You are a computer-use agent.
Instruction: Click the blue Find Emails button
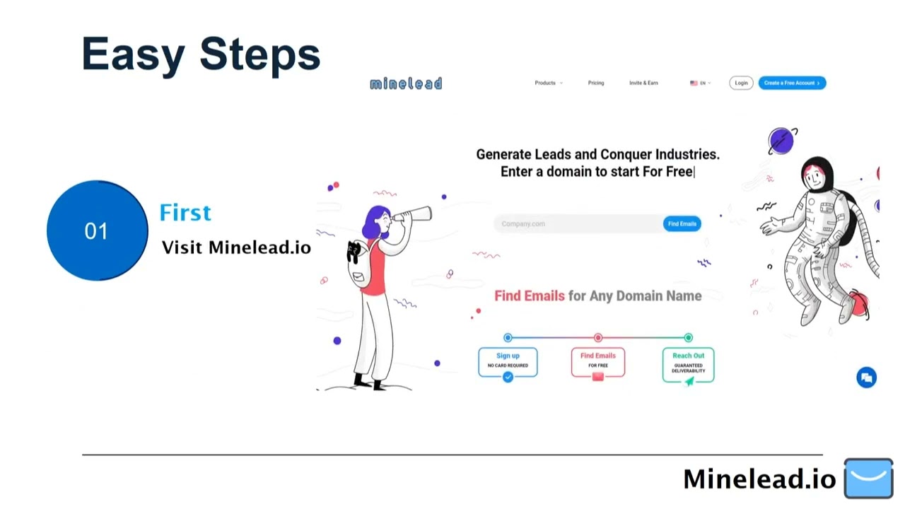[682, 223]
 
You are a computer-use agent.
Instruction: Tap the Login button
[741, 83]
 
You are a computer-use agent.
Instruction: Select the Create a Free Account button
[792, 83]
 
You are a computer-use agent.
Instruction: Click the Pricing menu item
[596, 83]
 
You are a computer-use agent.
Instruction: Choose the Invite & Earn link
[643, 83]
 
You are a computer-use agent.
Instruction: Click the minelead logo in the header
[406, 83]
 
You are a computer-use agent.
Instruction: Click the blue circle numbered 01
[97, 230]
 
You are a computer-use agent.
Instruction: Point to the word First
[185, 213]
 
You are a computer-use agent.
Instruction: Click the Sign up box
[508, 361]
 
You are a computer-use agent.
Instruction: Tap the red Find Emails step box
[598, 361]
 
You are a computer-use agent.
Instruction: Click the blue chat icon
[866, 378]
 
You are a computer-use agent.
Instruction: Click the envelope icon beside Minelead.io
[869, 478]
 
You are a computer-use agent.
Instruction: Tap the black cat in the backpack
[354, 251]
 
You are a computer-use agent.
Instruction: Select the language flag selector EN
[700, 83]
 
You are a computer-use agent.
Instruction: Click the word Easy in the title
[133, 54]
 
